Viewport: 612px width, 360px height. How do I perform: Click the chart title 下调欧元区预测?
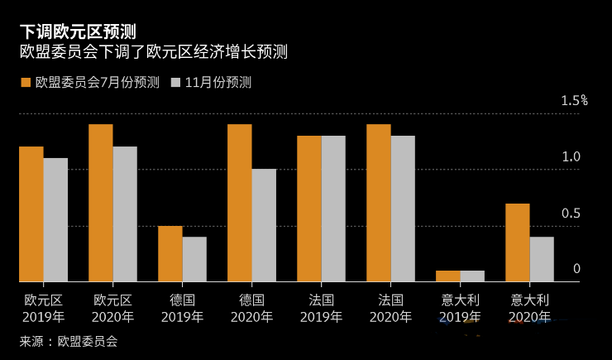click(78, 31)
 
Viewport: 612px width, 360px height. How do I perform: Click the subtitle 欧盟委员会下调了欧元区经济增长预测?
click(153, 52)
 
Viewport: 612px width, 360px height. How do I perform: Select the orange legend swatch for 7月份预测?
click(26, 82)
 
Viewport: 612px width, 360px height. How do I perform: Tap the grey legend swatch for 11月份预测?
click(176, 82)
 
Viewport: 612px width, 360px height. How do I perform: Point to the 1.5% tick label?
click(573, 101)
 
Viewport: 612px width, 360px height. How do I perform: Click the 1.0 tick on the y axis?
click(571, 157)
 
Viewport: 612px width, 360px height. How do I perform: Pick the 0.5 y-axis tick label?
click(571, 214)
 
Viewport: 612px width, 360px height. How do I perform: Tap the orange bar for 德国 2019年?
click(170, 253)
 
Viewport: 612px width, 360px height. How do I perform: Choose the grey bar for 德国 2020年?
click(264, 225)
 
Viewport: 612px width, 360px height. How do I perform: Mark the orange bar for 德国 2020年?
click(240, 203)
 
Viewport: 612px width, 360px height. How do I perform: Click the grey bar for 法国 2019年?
click(333, 209)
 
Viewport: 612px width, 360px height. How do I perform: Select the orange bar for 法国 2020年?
click(379, 203)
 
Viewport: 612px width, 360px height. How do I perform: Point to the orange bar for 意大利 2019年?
click(448, 276)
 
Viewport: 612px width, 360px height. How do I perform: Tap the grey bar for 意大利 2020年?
click(542, 259)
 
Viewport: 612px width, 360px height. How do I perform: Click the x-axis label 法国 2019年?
click(321, 308)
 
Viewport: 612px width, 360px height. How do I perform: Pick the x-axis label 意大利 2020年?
click(530, 308)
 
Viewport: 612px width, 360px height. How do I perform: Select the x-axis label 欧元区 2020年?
click(112, 308)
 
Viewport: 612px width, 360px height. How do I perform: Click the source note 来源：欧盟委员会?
click(69, 341)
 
